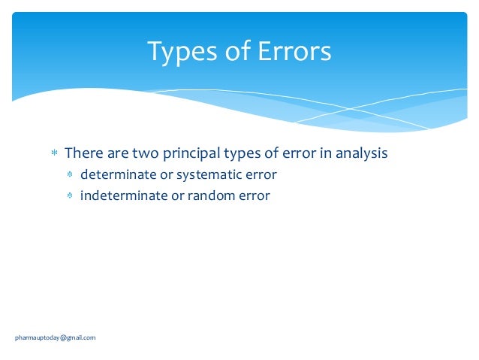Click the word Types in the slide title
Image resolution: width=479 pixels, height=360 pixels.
click(177, 52)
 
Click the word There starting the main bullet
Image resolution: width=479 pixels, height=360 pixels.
click(82, 153)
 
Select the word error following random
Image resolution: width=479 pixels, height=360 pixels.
click(255, 196)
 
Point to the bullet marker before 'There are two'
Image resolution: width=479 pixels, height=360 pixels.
click(54, 154)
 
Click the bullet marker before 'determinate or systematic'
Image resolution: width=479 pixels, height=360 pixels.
click(70, 175)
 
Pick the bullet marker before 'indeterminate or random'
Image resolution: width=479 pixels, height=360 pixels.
click(70, 196)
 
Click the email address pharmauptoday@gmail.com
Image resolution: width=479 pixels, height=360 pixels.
click(56, 337)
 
